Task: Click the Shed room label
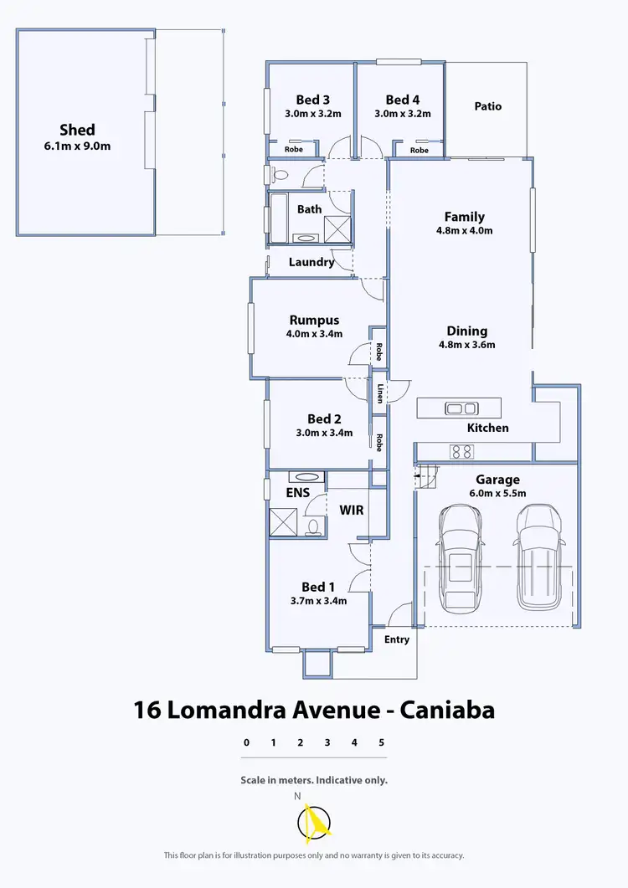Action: tap(77, 130)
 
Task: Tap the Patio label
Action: tap(487, 106)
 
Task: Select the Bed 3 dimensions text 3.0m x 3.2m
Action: tap(312, 114)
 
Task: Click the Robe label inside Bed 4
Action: tap(419, 151)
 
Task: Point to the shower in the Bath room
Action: tap(337, 228)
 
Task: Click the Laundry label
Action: tap(311, 262)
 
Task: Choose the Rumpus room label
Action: tap(314, 320)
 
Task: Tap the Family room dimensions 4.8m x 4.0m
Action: tap(464, 231)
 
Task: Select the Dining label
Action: tap(466, 331)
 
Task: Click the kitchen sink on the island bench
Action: tap(461, 408)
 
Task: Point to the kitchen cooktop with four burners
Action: tap(461, 452)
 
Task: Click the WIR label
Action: tap(351, 509)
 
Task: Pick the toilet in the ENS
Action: tap(314, 526)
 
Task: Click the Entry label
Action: tap(397, 639)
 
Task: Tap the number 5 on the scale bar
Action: tap(381, 742)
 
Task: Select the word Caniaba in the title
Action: tap(446, 711)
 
